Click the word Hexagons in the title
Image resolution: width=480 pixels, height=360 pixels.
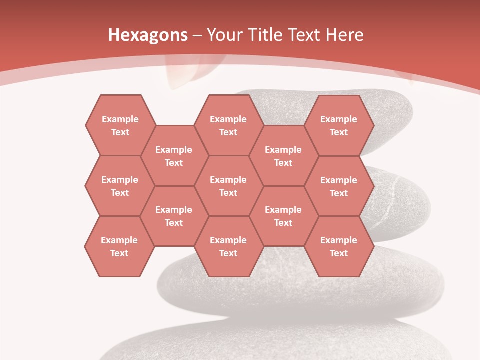[148, 35]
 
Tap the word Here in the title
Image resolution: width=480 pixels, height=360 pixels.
[344, 35]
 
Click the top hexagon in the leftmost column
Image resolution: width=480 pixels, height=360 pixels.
[120, 125]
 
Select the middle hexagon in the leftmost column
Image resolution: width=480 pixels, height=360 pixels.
[120, 186]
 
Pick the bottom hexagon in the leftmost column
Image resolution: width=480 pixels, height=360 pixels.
[119, 246]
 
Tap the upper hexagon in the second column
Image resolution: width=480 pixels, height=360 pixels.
[174, 156]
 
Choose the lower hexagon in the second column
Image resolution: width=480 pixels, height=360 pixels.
[174, 216]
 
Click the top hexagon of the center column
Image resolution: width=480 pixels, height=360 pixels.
[228, 125]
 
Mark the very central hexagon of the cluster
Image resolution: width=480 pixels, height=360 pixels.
[228, 186]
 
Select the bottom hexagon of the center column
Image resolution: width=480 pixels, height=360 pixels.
[228, 246]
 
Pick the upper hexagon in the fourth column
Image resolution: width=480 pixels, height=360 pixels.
[283, 156]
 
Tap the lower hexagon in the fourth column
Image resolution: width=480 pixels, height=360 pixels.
[283, 216]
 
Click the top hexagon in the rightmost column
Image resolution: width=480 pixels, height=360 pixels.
[339, 125]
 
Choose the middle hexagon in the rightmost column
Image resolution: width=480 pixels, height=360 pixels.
[339, 186]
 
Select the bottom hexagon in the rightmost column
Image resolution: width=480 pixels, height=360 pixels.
[339, 246]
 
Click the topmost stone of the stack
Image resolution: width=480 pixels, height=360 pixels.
[390, 110]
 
